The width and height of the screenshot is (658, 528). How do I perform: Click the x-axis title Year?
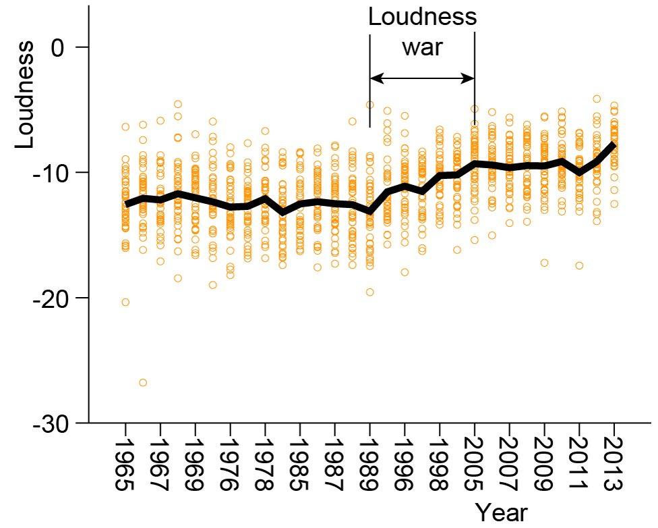click(x=501, y=512)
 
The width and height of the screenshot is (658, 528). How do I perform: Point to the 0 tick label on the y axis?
click(x=63, y=47)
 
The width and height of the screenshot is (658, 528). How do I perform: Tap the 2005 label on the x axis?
click(x=475, y=465)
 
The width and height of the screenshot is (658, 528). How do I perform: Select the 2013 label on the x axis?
click(x=614, y=465)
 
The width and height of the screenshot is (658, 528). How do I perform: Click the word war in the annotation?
click(x=422, y=49)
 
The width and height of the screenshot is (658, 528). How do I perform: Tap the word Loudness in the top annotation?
click(x=422, y=17)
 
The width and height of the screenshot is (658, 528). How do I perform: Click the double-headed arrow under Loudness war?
click(x=422, y=79)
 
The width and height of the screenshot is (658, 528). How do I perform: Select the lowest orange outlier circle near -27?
click(x=143, y=383)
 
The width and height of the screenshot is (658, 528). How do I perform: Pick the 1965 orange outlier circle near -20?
click(x=125, y=302)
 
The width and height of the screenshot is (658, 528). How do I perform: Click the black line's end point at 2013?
click(x=614, y=144)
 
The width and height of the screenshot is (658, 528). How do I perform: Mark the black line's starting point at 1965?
click(x=126, y=203)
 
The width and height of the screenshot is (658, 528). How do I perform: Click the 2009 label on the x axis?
click(x=545, y=465)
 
